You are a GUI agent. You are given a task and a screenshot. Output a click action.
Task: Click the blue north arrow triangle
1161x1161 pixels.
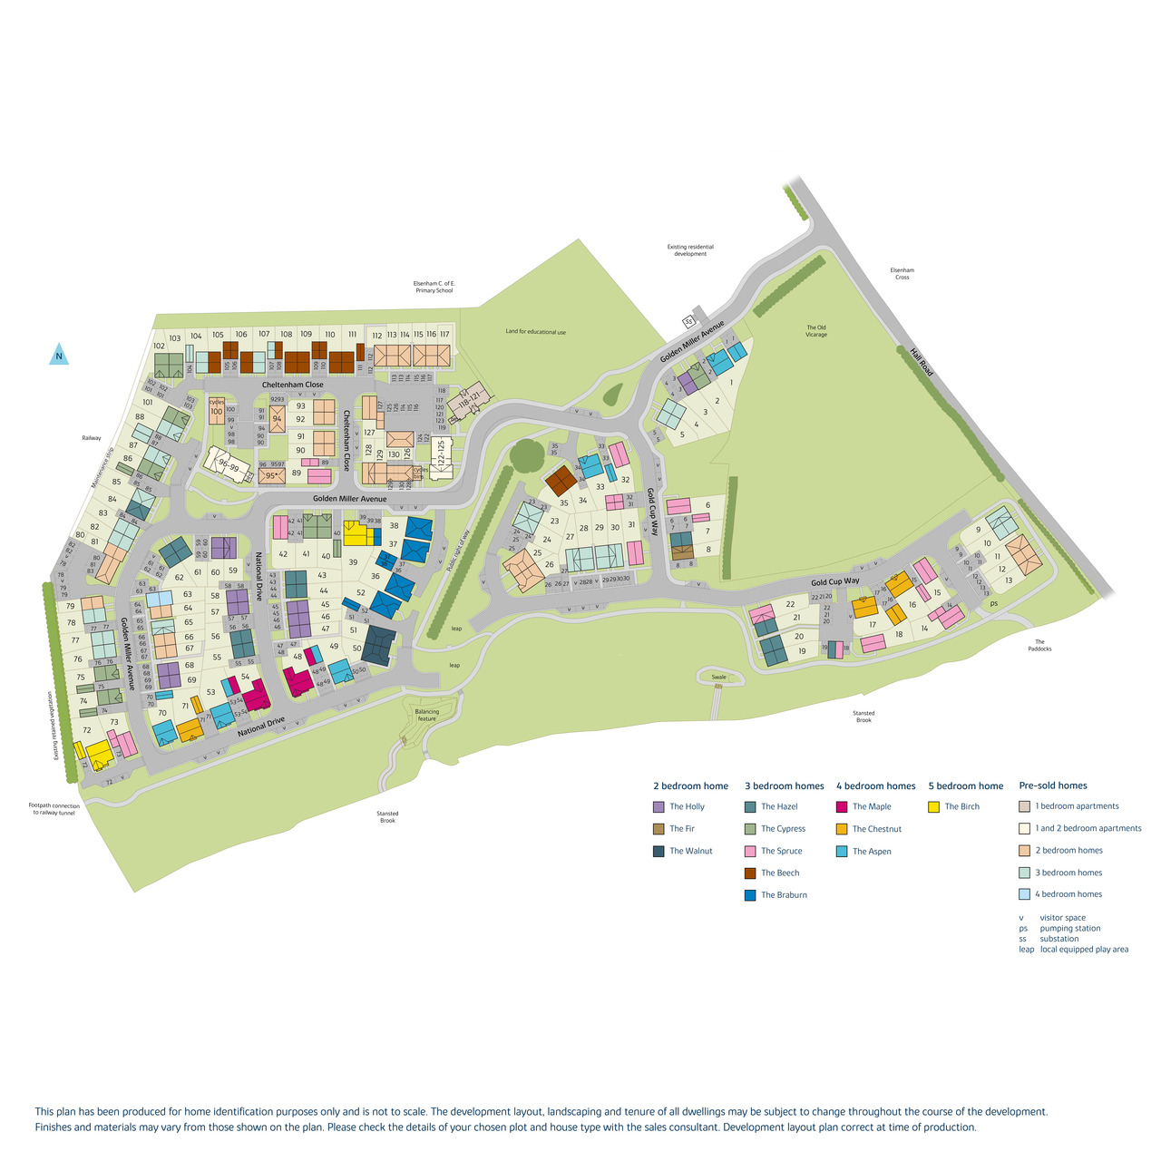tap(58, 355)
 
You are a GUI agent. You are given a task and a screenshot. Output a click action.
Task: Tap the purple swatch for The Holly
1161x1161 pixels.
tap(659, 806)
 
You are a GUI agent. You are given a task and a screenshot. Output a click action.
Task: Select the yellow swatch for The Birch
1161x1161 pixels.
tap(933, 806)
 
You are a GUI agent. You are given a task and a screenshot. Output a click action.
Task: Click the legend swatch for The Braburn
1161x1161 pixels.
tap(750, 895)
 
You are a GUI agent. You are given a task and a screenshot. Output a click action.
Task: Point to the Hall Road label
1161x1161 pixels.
tap(922, 366)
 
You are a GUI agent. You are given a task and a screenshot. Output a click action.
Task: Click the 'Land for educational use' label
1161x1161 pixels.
tap(535, 332)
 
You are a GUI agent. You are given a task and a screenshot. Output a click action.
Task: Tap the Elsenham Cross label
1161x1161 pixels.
tap(902, 273)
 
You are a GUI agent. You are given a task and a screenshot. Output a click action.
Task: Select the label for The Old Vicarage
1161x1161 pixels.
tap(816, 331)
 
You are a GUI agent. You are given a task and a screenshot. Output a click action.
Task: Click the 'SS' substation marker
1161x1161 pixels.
tap(688, 321)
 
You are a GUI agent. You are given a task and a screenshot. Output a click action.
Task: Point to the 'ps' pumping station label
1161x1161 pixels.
tap(993, 603)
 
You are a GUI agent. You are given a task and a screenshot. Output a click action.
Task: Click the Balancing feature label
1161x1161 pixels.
tap(426, 715)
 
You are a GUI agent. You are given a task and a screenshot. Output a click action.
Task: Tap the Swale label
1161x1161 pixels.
tap(718, 677)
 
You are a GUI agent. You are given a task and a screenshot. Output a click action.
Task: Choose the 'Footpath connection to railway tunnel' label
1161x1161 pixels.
tap(54, 809)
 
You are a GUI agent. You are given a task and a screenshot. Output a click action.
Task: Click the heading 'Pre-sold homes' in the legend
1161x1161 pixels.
tap(1052, 785)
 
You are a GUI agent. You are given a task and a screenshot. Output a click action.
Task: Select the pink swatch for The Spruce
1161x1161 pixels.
tap(750, 851)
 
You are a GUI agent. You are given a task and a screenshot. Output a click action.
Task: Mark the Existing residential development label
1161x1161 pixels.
tap(690, 250)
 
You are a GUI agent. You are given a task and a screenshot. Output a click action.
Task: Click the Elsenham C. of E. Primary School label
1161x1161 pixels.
tap(433, 287)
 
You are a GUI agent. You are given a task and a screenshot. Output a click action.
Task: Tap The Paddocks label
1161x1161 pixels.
tap(1039, 645)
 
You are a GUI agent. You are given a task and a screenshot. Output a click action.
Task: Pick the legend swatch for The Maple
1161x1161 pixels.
tap(842, 806)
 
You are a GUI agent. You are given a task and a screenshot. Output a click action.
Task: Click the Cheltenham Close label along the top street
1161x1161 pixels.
tap(292, 385)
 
